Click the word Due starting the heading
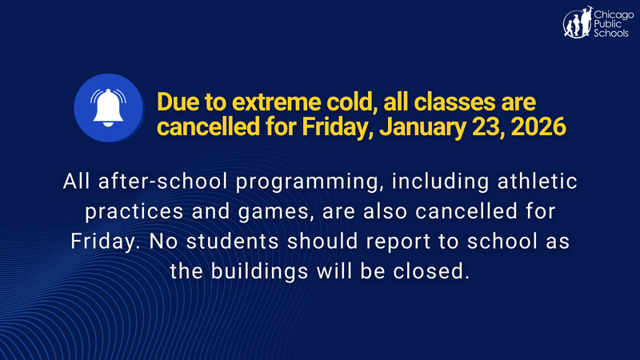[x=177, y=103]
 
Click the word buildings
[x=265, y=270]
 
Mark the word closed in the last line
[x=430, y=270]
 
